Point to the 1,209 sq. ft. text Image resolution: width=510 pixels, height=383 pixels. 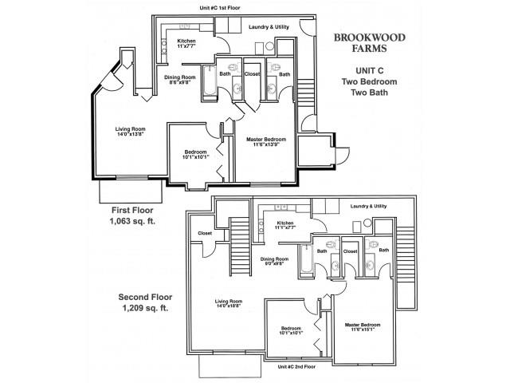144,307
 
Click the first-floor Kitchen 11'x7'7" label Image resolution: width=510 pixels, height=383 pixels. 186,44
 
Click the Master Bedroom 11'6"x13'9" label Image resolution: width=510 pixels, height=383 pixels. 267,143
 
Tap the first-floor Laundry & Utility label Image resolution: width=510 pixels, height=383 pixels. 269,27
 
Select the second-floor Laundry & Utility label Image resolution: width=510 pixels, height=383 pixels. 368,206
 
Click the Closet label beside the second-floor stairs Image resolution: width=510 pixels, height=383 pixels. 205,234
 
